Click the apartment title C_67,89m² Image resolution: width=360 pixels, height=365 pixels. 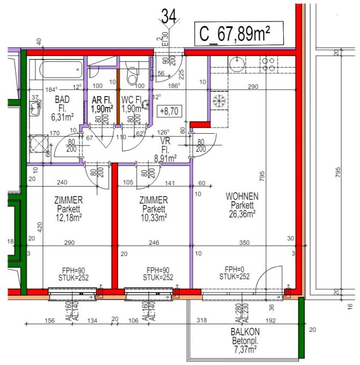pos(233,34)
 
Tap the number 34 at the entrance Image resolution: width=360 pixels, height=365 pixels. pos(168,16)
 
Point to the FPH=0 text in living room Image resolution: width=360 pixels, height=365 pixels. pos(235,269)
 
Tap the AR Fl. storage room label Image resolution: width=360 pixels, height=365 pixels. pos(102,100)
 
